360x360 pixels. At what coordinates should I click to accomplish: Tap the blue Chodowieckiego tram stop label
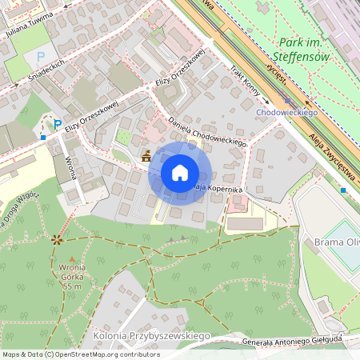287,113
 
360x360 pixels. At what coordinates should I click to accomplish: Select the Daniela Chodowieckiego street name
207,131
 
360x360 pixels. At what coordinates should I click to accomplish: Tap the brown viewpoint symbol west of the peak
56,238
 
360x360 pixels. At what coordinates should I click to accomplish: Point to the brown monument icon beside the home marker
146,158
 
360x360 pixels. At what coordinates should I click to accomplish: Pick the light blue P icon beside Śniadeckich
39,57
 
